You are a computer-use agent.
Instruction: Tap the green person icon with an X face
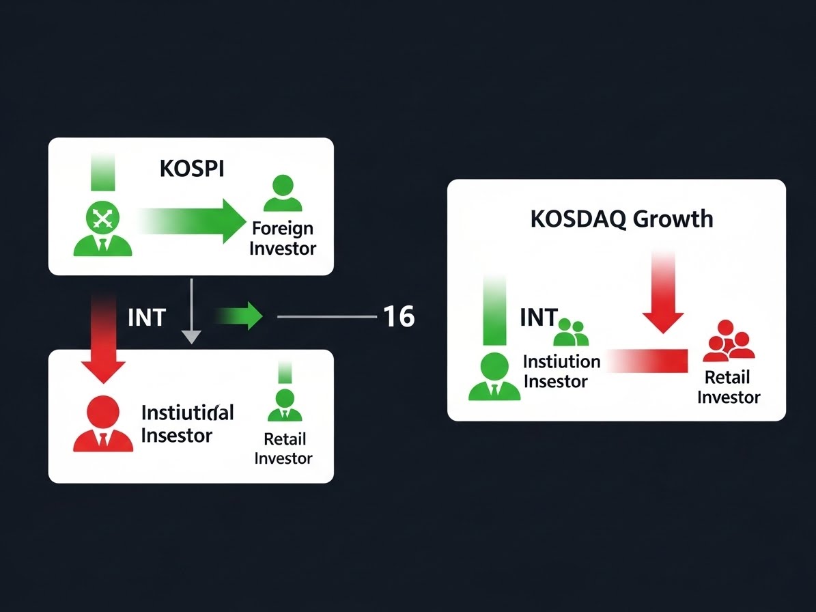coord(102,229)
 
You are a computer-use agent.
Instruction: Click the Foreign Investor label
coord(283,238)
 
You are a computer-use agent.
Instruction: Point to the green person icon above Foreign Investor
coord(282,194)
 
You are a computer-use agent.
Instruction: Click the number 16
coord(398,317)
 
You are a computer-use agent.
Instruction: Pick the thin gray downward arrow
coord(192,311)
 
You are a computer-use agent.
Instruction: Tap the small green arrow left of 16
coord(240,316)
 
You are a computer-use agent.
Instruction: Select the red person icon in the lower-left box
coord(102,423)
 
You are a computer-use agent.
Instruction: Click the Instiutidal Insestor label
coord(187,423)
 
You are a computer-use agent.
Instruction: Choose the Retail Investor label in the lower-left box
coord(283,448)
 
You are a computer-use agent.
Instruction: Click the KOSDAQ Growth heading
coord(621,219)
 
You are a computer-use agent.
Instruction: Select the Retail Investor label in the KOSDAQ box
coord(728,387)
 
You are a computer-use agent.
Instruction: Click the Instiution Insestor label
coord(561,371)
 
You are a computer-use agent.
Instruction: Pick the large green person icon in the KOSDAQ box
coord(494,377)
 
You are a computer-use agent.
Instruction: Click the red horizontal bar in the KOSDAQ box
coord(649,359)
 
